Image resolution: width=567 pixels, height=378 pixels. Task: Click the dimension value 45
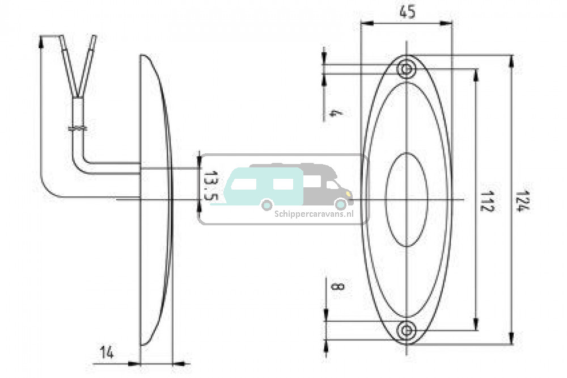tap(408, 12)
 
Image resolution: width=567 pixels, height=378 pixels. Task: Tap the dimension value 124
tap(519, 201)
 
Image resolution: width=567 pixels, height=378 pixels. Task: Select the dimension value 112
tap(486, 200)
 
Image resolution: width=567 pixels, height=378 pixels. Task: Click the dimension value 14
tap(107, 352)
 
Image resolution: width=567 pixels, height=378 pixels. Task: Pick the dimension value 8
tap(338, 287)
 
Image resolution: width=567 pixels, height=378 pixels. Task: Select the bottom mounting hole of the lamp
tap(407, 330)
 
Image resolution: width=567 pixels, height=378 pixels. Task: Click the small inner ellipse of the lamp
tap(407, 200)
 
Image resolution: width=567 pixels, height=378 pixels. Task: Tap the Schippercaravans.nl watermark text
tap(314, 213)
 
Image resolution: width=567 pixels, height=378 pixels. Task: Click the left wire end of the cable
tap(61, 36)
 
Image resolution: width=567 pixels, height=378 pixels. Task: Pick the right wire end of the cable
tap(95, 36)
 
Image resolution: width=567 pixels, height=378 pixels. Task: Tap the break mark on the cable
tap(77, 128)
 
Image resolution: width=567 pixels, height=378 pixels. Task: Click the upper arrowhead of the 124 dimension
tap(511, 61)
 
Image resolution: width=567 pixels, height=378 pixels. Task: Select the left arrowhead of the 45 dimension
tap(367, 23)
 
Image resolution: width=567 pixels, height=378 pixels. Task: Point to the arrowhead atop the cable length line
tap(40, 41)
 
